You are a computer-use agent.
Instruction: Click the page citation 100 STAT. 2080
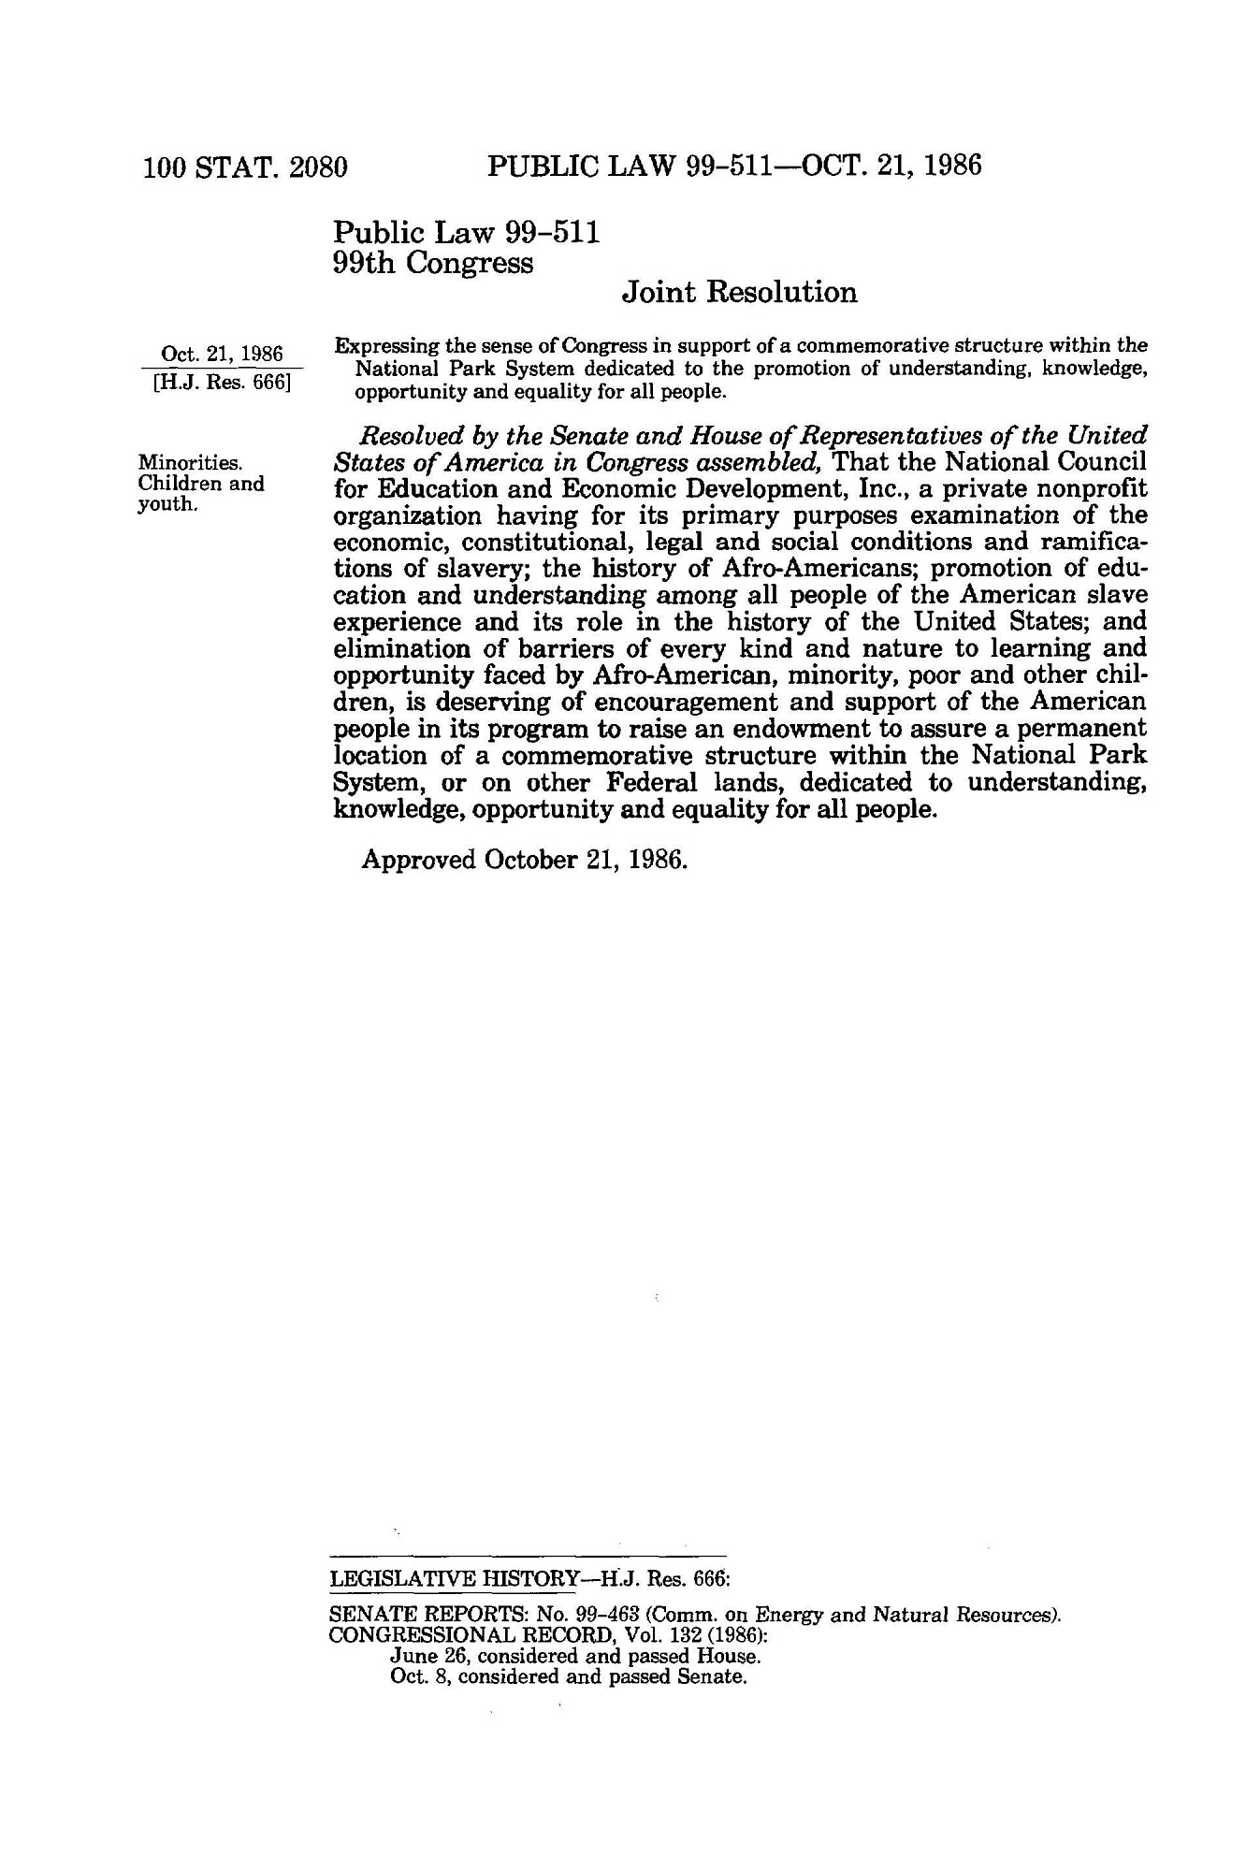(x=245, y=167)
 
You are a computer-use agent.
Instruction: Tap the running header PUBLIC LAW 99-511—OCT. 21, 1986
(x=734, y=167)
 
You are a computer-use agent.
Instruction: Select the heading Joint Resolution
(x=739, y=293)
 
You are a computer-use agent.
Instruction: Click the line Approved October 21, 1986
(x=525, y=859)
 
